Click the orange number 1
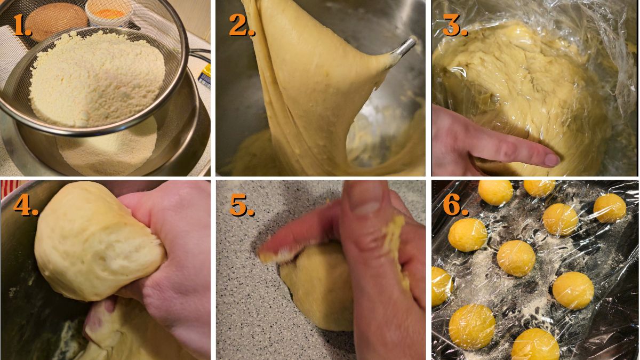coord(21,26)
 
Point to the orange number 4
coord(25,204)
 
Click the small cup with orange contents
coord(109,12)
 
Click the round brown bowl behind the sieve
coord(57,19)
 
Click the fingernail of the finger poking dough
coord(551,159)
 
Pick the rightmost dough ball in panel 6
coord(610,208)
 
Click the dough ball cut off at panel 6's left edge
coord(441,286)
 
